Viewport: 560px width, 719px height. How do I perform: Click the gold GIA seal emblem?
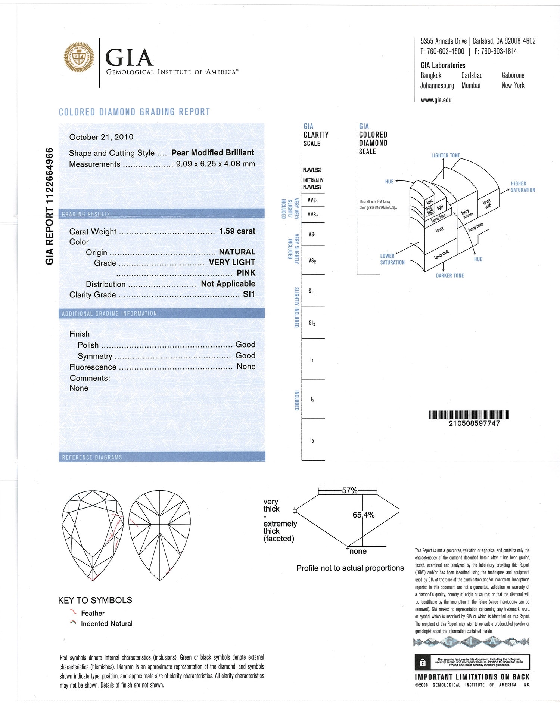point(79,57)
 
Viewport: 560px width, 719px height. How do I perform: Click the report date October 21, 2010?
point(101,137)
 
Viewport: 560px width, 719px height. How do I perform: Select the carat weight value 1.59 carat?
point(237,231)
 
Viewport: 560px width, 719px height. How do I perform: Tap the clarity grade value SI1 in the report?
point(249,294)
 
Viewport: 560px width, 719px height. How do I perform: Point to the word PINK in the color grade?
point(246,273)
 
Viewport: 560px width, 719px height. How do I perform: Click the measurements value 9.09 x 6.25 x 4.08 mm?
point(215,164)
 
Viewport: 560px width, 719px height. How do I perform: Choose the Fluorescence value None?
point(246,367)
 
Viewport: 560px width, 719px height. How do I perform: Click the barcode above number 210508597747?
point(469,414)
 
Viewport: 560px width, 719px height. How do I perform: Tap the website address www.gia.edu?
point(436,100)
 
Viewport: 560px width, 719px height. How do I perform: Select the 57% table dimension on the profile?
point(349,491)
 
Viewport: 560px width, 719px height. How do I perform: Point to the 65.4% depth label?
point(364,515)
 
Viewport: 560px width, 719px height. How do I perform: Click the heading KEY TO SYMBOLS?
point(95,601)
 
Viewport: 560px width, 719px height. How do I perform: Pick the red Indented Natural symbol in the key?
point(73,623)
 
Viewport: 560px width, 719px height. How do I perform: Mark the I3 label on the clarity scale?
point(312,441)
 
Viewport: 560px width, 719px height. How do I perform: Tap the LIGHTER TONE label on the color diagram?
point(446,155)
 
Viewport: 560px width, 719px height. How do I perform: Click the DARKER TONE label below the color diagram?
point(450,276)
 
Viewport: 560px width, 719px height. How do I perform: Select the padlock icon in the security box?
point(423,663)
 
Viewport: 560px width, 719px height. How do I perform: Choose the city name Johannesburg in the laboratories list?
point(437,86)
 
